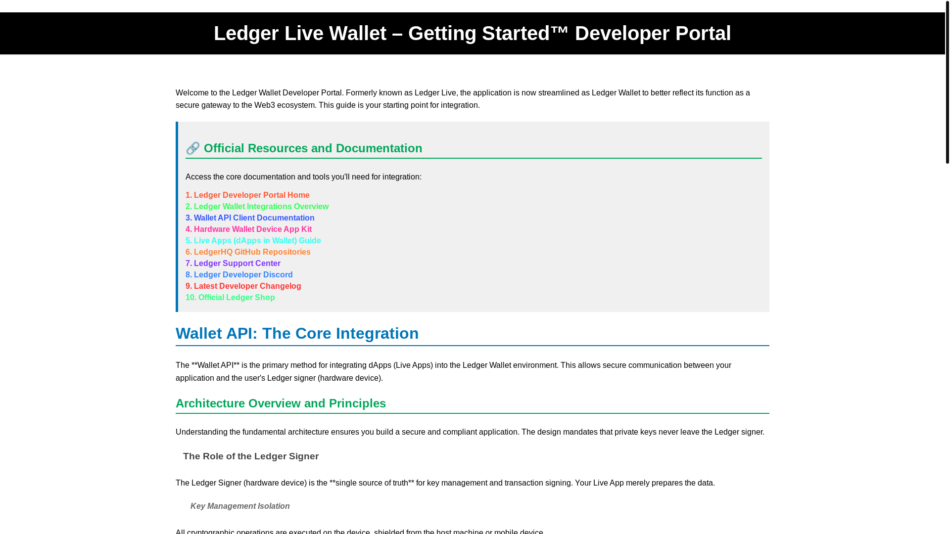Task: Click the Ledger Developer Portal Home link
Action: coord(251,195)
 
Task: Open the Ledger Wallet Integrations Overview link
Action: coord(261,207)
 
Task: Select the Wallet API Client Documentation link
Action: coord(254,218)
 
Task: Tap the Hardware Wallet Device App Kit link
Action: coord(252,229)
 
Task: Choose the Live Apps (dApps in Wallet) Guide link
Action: coord(257,241)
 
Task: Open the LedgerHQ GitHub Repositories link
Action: coord(252,252)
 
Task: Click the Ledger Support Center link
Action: coord(237,264)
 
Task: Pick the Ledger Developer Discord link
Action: coord(243,275)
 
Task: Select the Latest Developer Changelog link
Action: coord(247,286)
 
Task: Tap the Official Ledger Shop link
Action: coord(236,298)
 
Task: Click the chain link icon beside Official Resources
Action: coord(192,148)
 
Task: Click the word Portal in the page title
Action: coord(703,34)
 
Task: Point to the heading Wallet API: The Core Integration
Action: coord(297,334)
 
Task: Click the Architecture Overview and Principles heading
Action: coord(281,403)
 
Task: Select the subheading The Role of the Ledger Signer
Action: coord(250,456)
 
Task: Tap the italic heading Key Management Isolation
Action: coord(240,506)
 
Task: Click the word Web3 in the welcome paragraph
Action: coord(264,105)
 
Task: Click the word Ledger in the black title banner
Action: coord(246,34)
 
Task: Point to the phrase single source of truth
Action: coord(372,483)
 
